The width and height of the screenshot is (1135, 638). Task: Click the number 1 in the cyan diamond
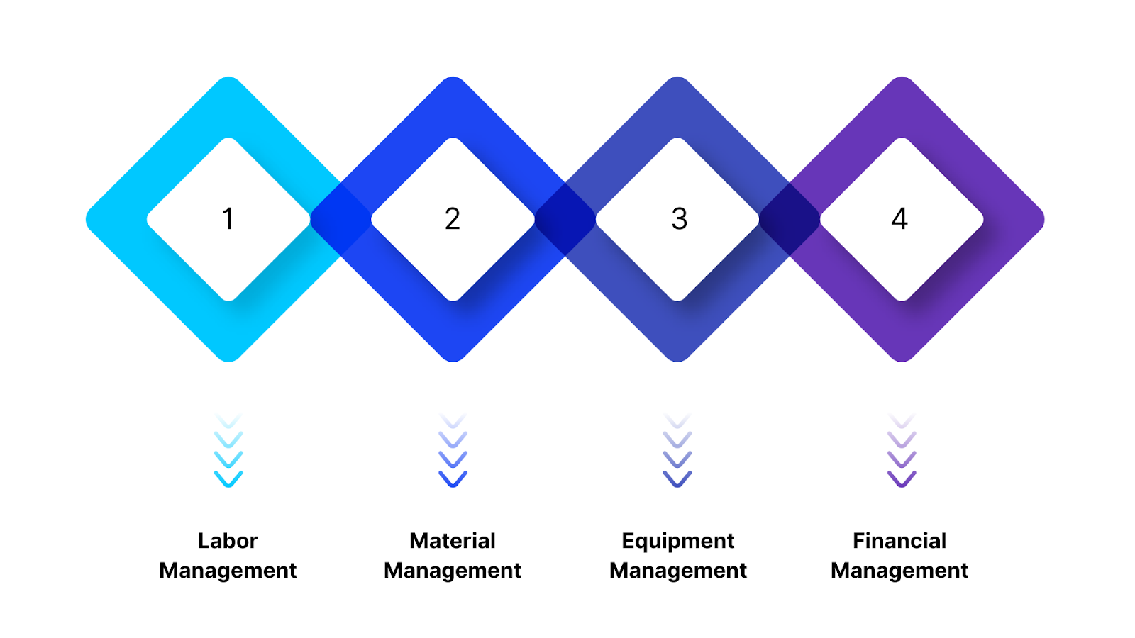(x=228, y=219)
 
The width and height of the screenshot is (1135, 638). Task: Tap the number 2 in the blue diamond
(x=453, y=219)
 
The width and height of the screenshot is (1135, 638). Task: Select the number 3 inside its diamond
(x=679, y=219)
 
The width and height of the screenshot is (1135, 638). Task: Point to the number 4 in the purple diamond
(x=899, y=219)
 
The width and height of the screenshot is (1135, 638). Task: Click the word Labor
(x=228, y=541)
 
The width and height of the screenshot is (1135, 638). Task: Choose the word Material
(x=453, y=541)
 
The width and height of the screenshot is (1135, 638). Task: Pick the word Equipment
(x=677, y=542)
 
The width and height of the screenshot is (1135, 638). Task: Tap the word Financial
(x=899, y=541)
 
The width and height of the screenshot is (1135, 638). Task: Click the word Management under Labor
(x=228, y=571)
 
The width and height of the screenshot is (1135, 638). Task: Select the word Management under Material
(x=453, y=571)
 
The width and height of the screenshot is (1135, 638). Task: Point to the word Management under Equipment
(x=678, y=571)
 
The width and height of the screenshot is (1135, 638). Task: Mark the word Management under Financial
(x=899, y=571)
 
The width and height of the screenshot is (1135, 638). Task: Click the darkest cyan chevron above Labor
(x=228, y=479)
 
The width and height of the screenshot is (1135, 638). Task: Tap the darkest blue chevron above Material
(x=453, y=479)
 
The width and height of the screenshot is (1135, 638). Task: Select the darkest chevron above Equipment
(x=677, y=479)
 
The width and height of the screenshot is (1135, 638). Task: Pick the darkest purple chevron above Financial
(x=902, y=479)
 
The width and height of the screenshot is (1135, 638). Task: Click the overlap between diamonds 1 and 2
(x=340, y=219)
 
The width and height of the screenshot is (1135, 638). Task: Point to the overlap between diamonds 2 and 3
(x=565, y=219)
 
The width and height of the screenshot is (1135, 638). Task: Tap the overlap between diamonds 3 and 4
(x=790, y=219)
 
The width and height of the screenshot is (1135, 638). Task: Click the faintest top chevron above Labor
(x=228, y=420)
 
